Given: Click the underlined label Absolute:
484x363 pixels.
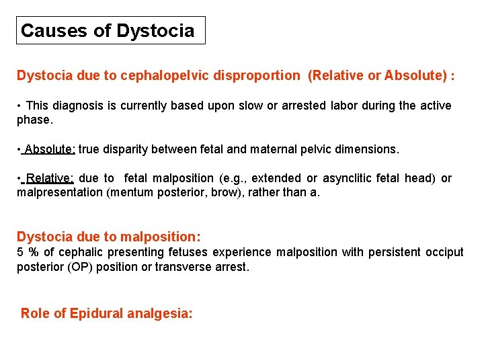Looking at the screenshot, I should click(x=50, y=149).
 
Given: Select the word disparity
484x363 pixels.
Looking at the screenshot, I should click(x=126, y=149).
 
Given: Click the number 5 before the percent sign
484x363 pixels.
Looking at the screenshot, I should click(x=20, y=252).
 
